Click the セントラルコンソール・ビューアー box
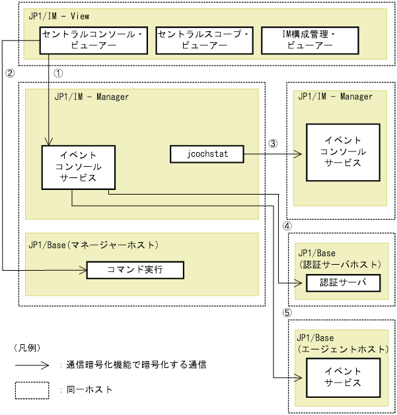(x=92, y=40)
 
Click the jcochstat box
(x=207, y=154)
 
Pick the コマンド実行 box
(x=135, y=270)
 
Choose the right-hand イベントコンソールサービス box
(x=342, y=152)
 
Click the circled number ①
(x=57, y=74)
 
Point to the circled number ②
(x=9, y=74)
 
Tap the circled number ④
(x=287, y=226)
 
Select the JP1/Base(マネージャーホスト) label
(x=94, y=245)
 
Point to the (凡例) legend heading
(x=27, y=347)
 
